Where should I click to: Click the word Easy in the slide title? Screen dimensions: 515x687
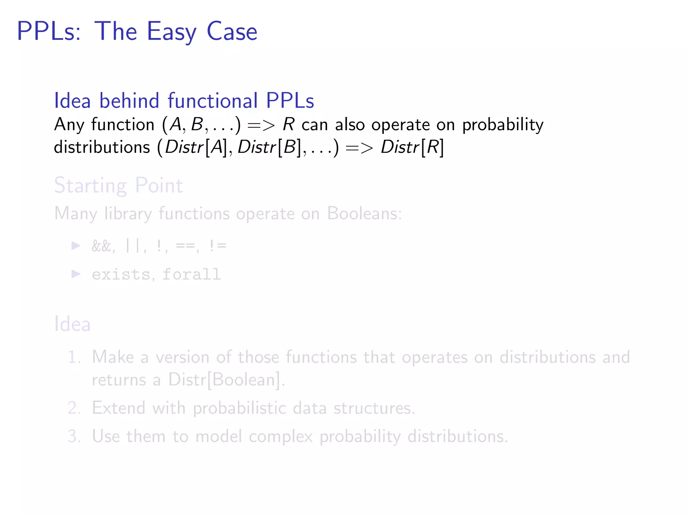pyautogui.click(x=171, y=32)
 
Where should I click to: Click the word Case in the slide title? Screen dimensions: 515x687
pyautogui.click(x=232, y=32)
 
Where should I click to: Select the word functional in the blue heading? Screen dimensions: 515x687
pyautogui.click(x=213, y=101)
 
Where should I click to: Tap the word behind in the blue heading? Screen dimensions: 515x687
pyautogui.click(x=129, y=101)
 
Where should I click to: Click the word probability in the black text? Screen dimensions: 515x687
pyautogui.click(x=503, y=125)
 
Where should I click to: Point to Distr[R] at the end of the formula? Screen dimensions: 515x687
pyautogui.click(x=412, y=147)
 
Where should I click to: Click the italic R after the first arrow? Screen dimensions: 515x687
pyautogui.click(x=288, y=124)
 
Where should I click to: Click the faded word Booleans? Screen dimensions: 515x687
pyautogui.click(x=364, y=214)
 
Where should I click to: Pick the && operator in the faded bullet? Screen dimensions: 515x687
pyautogui.click(x=101, y=246)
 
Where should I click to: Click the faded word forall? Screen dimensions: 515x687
pyautogui.click(x=192, y=274)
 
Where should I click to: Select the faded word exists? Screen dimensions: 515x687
pyautogui.click(x=121, y=274)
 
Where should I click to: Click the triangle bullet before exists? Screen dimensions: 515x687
pyautogui.click(x=76, y=274)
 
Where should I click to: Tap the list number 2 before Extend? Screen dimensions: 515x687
pyautogui.click(x=74, y=408)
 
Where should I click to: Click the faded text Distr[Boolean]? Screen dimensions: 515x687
pyautogui.click(x=226, y=380)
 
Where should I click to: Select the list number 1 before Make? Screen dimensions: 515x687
pyautogui.click(x=74, y=357)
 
